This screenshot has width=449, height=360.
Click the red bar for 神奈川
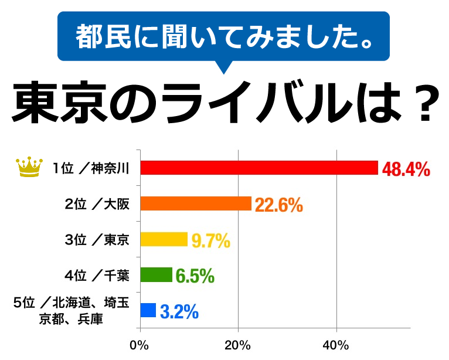[259, 168]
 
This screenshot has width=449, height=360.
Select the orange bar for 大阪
[196, 203]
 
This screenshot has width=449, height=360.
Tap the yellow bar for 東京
[164, 239]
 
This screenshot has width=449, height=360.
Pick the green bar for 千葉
[157, 274]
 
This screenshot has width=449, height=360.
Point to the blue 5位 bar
[148, 310]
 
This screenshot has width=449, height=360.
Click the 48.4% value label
[406, 170]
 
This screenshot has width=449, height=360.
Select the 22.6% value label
[278, 205]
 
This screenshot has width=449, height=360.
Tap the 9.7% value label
[210, 240]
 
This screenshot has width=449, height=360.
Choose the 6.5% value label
[195, 276]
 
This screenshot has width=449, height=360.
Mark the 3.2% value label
[179, 311]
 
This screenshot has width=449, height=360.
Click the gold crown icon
[29, 168]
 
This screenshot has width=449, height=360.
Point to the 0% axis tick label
[140, 344]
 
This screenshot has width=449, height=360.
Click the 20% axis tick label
[238, 344]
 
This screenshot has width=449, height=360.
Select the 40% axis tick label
[336, 344]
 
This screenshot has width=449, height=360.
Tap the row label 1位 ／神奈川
[91, 169]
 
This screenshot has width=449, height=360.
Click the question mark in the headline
[423, 103]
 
